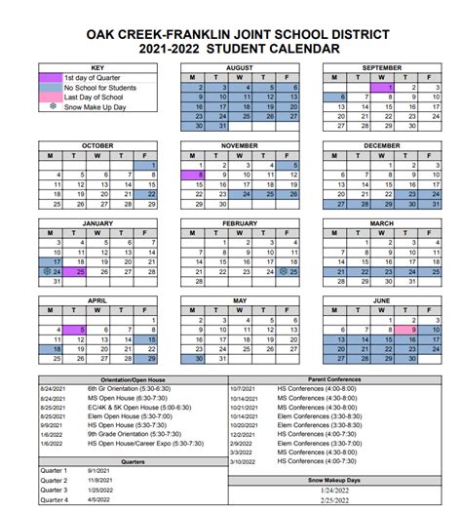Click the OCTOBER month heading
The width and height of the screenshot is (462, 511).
coord(96,144)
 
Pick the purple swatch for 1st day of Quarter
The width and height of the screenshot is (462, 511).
coord(50,77)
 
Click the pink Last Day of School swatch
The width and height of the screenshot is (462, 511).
coord(50,97)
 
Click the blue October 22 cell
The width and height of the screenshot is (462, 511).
coord(152,194)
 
